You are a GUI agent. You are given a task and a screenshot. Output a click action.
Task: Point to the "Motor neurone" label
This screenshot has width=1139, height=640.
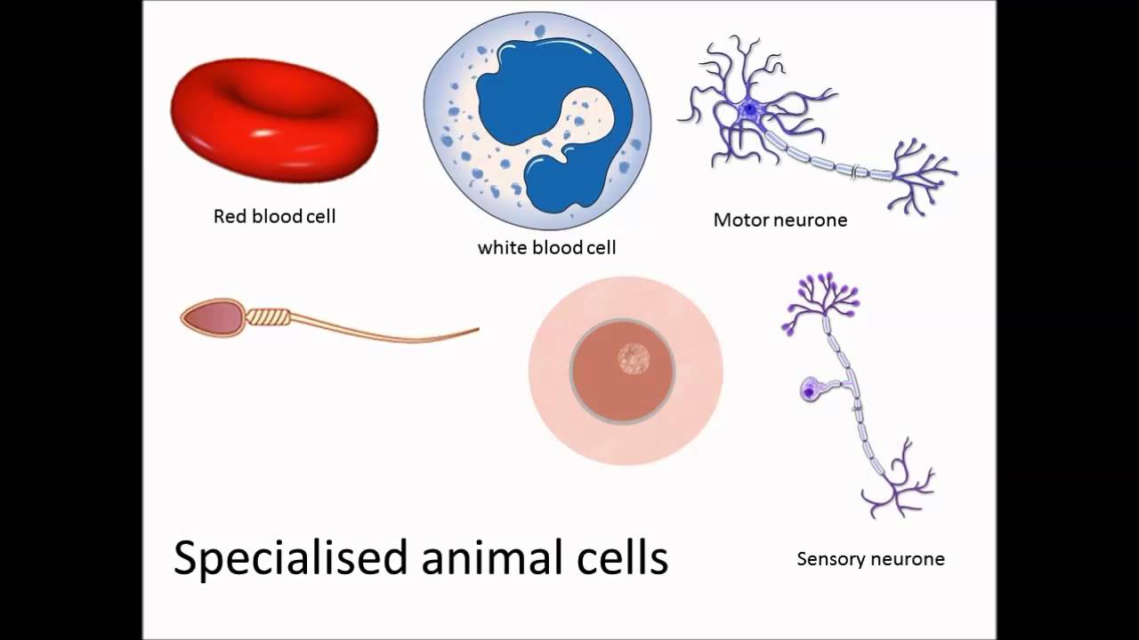pyautogui.click(x=780, y=220)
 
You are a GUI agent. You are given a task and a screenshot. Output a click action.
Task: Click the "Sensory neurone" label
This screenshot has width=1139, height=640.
pyautogui.click(x=870, y=559)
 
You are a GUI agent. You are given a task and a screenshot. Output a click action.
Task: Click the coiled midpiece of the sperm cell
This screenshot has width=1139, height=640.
pyautogui.click(x=268, y=316)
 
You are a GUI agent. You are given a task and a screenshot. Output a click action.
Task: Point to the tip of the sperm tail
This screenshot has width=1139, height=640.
pyautogui.click(x=476, y=331)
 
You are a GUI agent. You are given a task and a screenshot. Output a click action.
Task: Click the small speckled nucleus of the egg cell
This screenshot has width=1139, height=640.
pyautogui.click(x=634, y=358)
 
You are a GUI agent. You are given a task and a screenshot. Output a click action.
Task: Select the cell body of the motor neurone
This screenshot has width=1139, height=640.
pyautogui.click(x=749, y=110)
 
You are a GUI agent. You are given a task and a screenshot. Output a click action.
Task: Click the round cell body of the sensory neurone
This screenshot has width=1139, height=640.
pyautogui.click(x=810, y=389)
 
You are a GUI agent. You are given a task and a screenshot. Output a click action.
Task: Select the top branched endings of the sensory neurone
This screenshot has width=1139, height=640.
pyautogui.click(x=823, y=298)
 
